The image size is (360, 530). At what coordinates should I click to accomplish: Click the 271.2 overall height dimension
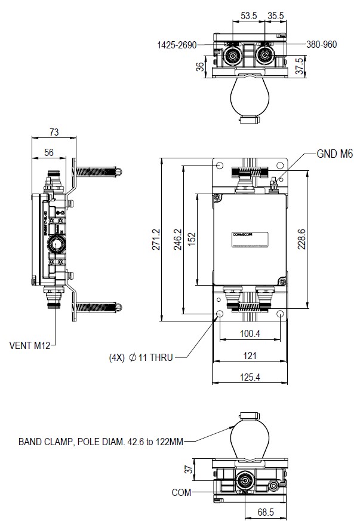157,239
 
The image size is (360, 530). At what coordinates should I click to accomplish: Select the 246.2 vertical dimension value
177,239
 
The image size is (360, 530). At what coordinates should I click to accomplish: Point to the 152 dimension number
192,238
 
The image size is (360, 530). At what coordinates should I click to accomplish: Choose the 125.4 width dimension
250,377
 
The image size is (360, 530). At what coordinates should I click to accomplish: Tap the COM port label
181,493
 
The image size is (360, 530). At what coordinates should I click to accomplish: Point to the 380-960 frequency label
322,44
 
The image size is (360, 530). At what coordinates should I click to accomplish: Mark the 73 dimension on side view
54,131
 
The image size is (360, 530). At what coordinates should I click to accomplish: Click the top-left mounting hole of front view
220,166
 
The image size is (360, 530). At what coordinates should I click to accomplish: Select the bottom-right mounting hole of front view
281,313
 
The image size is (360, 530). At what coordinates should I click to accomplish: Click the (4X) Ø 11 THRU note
140,357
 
